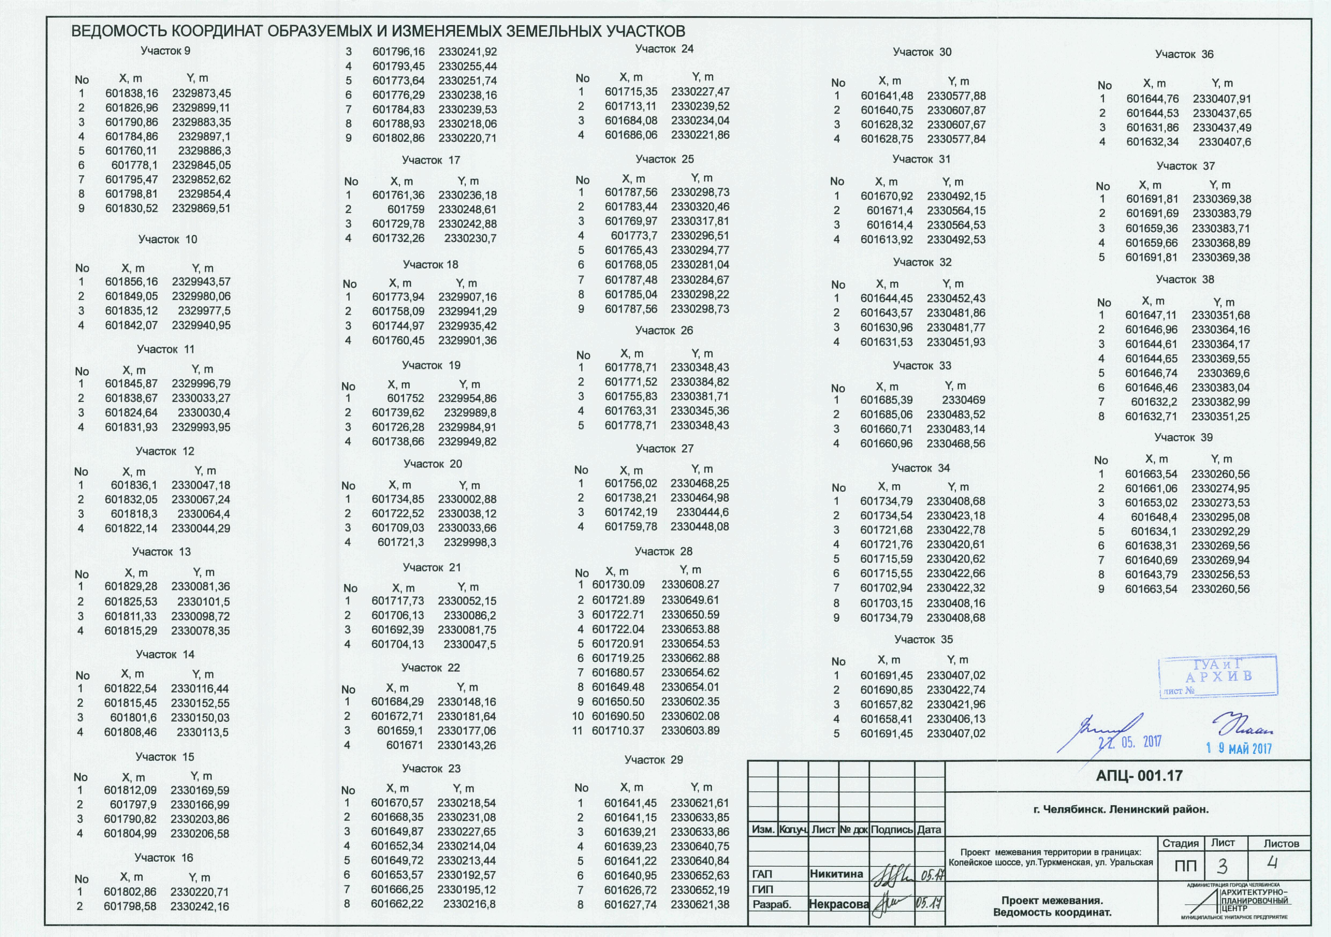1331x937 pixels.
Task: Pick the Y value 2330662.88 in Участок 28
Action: pyautogui.click(x=690, y=658)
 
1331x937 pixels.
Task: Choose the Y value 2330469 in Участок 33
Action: pyautogui.click(x=963, y=400)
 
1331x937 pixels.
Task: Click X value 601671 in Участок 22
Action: pyautogui.click(x=405, y=745)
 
